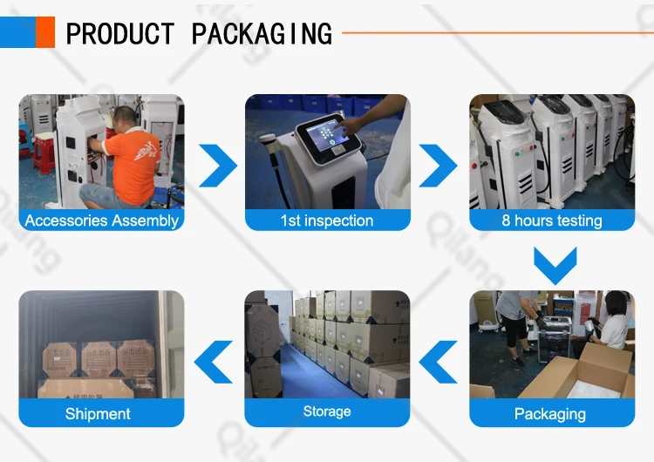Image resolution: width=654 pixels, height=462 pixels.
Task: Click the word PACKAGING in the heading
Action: coord(262,34)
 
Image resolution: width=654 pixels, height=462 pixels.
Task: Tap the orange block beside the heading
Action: coord(45,32)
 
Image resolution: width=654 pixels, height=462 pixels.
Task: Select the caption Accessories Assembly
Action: coord(101,221)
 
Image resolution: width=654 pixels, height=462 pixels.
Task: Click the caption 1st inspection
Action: coord(327,221)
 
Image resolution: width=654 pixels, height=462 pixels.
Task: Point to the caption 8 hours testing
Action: coord(552,221)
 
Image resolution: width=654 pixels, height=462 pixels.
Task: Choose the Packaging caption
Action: coord(550,414)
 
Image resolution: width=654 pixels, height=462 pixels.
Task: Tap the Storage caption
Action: coord(327,411)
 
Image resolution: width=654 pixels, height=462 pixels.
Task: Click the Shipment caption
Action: coord(98,414)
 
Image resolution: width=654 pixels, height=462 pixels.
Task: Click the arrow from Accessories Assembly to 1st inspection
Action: coord(217,162)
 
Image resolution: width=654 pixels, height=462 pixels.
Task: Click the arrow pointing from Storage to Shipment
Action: coord(215,359)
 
